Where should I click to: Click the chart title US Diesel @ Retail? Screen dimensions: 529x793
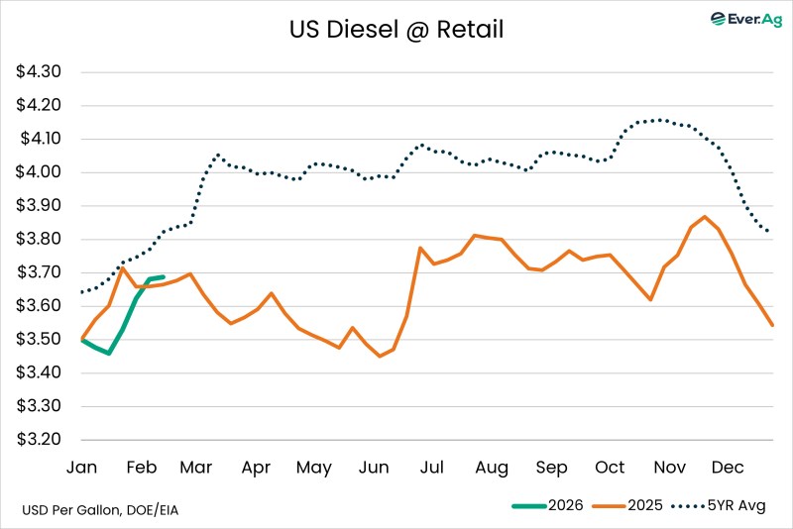coord(396,30)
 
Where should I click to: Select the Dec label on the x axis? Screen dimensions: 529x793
coord(728,468)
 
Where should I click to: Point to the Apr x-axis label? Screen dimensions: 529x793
coord(256,468)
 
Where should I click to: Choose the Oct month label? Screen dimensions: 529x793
coord(610,468)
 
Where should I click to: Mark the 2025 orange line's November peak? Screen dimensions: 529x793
coord(704,216)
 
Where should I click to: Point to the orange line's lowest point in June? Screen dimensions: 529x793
coord(380,356)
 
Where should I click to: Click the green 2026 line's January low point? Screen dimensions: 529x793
coord(108,353)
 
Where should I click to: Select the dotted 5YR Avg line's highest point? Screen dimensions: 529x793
coord(659,120)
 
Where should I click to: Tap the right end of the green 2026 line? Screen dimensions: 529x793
coord(164,277)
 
